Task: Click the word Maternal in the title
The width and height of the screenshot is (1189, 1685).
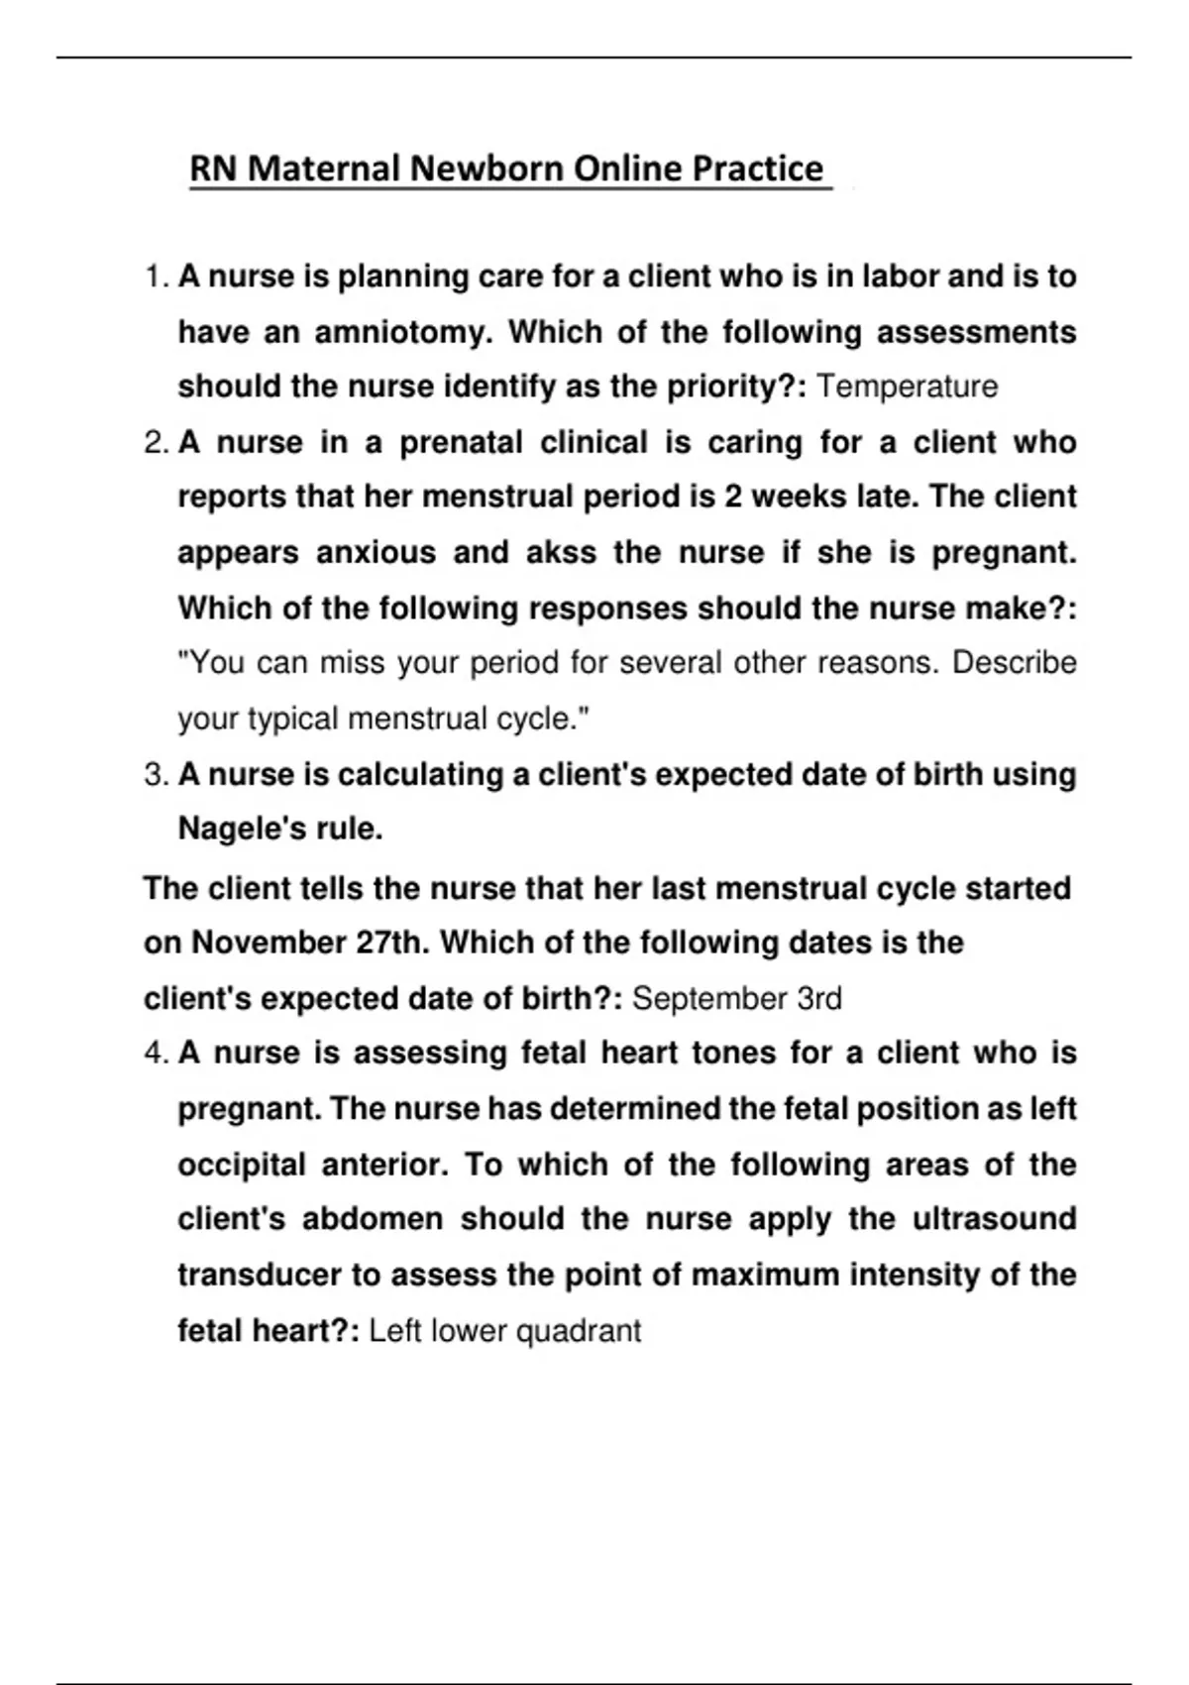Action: point(323,169)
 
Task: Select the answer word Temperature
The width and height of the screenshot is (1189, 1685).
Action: point(907,387)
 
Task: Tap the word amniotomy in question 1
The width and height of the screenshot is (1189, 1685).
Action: point(402,332)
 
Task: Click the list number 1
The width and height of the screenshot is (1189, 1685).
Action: point(157,277)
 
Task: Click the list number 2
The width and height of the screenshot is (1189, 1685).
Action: point(157,442)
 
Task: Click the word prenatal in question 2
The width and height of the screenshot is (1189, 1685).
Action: point(461,442)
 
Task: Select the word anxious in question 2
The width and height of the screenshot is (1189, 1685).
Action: point(376,553)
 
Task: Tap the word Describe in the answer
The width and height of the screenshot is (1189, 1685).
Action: point(1014,662)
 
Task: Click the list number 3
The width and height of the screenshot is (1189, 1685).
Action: point(157,774)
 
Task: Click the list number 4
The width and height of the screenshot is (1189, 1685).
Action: point(157,1053)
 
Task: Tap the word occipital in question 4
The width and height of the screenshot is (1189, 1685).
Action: point(241,1165)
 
